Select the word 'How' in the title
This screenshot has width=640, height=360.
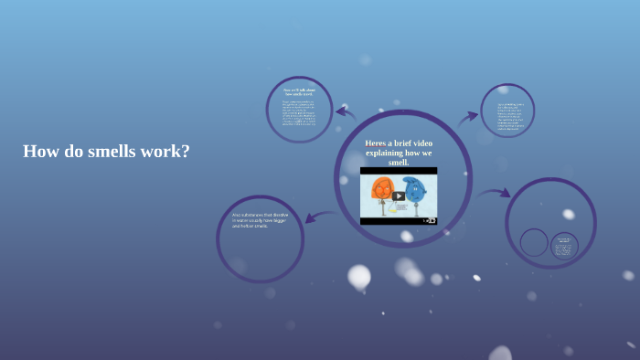pos(38,152)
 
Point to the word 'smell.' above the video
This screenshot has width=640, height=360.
pos(399,162)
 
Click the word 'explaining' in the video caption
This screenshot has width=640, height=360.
pos(384,153)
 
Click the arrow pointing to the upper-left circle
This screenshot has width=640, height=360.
pos(345,114)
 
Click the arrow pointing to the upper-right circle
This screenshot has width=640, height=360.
pos(467,118)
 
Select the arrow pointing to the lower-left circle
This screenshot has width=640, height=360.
pos(319,217)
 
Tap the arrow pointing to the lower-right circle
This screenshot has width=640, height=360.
pos(494,193)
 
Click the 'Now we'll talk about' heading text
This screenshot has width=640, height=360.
pos(299,92)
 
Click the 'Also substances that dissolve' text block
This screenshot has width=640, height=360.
pos(261,220)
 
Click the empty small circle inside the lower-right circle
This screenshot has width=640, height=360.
pos(534,242)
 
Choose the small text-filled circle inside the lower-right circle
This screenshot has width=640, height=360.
pos(564,245)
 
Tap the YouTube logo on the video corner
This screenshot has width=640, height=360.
pos(430,220)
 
